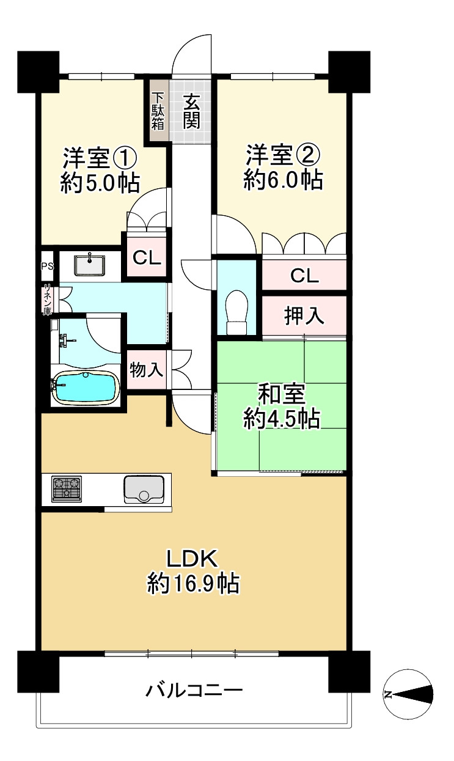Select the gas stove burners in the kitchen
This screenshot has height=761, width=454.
66,489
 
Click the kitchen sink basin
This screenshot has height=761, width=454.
144,489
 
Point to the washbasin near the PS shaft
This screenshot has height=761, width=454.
90,265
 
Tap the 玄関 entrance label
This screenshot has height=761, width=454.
192,110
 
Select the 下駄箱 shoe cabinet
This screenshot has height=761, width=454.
158,111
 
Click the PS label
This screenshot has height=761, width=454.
47,266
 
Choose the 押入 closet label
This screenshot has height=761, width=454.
304,316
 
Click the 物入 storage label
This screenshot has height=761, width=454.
146,370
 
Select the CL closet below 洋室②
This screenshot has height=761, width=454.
304,276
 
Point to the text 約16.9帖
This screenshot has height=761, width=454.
192,584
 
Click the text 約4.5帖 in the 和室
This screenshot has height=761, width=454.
281,419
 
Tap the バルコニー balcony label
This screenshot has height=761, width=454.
194,691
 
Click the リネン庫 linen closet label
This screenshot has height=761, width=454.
47,300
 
